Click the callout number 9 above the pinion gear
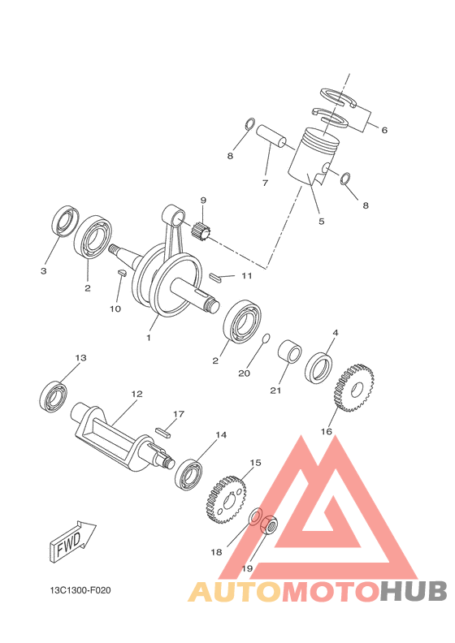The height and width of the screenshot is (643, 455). (203, 201)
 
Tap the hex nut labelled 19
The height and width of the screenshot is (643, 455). (271, 527)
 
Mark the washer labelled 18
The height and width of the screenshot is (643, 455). (254, 518)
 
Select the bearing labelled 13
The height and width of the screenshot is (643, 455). (54, 396)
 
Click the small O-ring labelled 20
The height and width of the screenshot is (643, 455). (265, 338)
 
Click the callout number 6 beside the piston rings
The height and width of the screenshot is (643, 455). (384, 130)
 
